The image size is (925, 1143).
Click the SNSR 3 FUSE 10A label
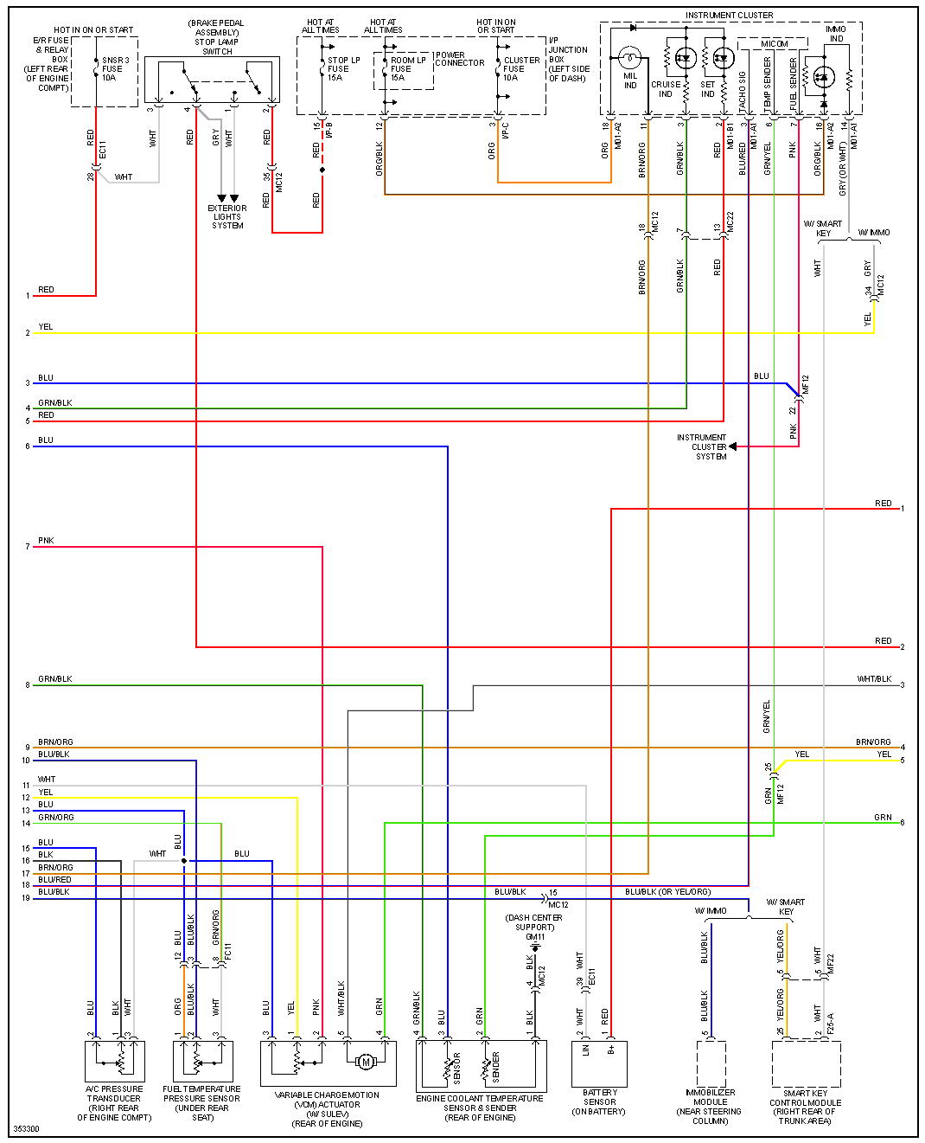coord(116,69)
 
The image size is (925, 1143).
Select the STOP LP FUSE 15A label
coord(343,69)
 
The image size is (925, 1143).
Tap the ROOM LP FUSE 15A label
coord(407,69)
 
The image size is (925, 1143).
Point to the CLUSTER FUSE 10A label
coord(521,69)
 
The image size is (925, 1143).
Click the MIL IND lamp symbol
coord(629,59)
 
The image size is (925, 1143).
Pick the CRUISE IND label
coord(666,89)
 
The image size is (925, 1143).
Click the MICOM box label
coord(775,43)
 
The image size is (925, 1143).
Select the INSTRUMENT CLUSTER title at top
coord(729,16)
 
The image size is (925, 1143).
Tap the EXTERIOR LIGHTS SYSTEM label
coord(227,217)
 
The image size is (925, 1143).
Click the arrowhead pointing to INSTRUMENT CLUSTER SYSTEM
coord(733,447)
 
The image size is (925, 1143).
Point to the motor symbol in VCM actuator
coord(365,1062)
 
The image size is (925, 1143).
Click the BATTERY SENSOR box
coord(599,1063)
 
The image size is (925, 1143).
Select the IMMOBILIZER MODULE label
coord(711,1107)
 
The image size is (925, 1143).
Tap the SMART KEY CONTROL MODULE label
coord(805,1107)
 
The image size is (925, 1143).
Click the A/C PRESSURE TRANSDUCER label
coord(113,1103)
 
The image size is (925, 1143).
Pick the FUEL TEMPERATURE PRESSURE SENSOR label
coord(201,1103)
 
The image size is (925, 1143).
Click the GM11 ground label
coord(535,936)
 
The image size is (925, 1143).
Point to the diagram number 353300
coord(26,1129)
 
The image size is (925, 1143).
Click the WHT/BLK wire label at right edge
coord(874,679)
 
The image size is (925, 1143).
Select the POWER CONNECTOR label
coord(459,59)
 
